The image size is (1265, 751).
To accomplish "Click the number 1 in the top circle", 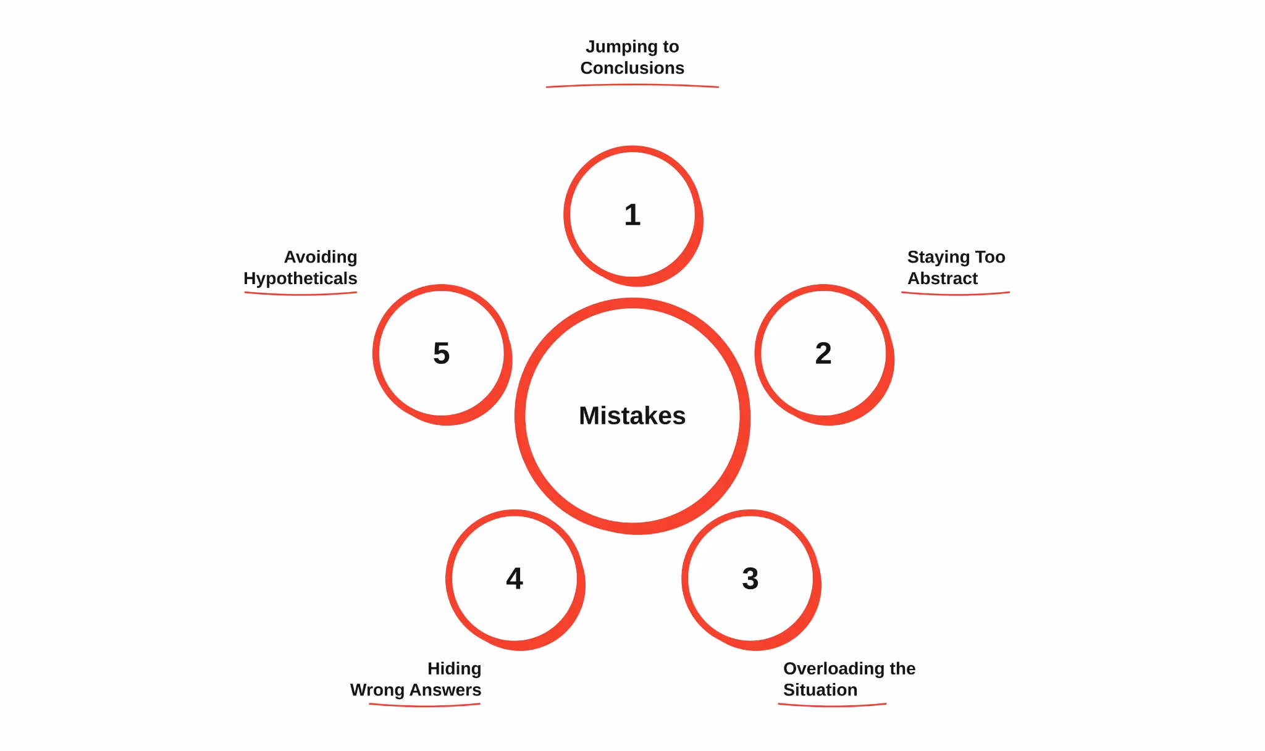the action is tap(632, 215).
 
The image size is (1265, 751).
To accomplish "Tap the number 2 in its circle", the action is tap(823, 353).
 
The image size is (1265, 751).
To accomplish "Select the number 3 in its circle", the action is tap(750, 579).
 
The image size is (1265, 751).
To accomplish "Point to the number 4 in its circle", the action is tap(515, 579).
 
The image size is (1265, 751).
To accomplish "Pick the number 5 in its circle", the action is tap(442, 353).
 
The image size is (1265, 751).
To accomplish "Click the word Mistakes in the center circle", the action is tap(632, 416).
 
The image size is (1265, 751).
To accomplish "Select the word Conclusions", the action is tap(632, 68).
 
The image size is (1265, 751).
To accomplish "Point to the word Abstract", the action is tap(943, 279).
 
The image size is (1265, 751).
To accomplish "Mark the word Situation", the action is tap(820, 690).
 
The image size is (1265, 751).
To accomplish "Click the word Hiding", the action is tap(454, 669).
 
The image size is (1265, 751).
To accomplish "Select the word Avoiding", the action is tap(321, 258).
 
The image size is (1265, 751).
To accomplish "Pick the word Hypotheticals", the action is tap(300, 279).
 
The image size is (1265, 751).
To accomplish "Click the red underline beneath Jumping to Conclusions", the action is tap(632, 85).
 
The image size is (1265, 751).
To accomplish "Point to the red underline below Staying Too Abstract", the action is tap(956, 294).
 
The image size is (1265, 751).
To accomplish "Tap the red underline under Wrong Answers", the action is tap(424, 705).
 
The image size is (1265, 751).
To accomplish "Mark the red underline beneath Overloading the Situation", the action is tap(832, 705).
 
